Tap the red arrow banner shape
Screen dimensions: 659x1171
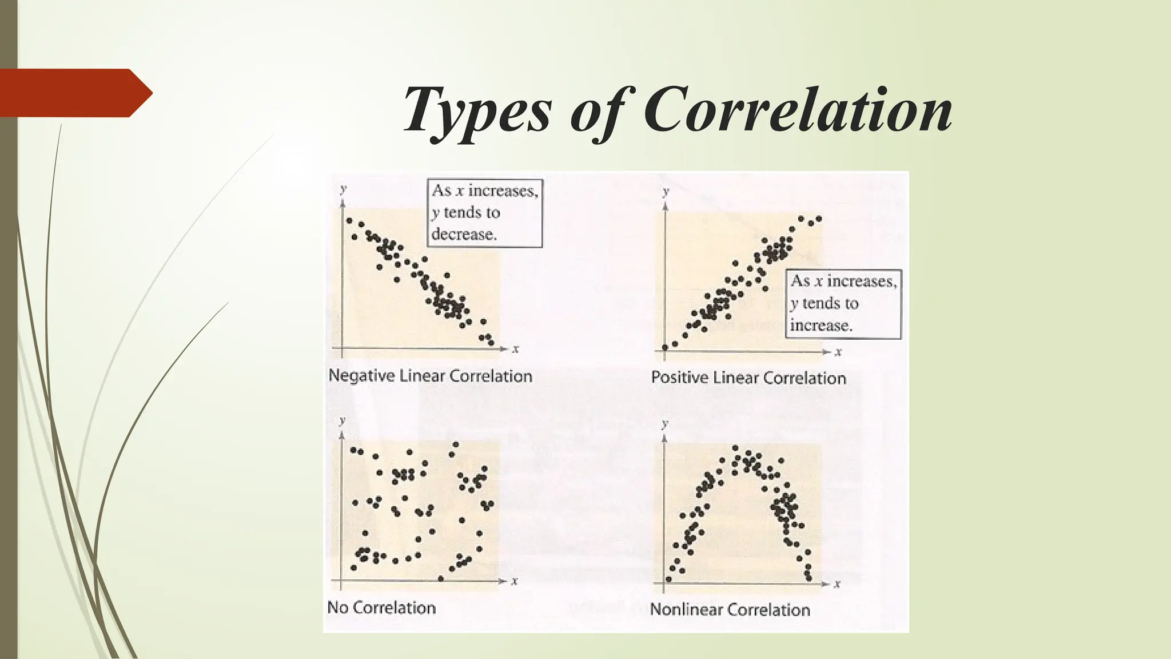coord(74,93)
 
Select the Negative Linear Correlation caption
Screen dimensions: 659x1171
coord(430,376)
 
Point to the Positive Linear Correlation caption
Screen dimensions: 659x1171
coord(748,378)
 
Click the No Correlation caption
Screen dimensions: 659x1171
coord(381,608)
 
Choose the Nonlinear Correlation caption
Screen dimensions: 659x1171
coord(730,610)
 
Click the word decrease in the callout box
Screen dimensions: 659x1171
coord(464,234)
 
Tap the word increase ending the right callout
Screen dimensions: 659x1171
coord(821,325)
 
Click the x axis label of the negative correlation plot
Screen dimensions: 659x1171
coord(515,349)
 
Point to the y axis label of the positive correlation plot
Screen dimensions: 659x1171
coord(666,191)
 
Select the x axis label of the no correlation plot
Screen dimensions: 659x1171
coord(515,581)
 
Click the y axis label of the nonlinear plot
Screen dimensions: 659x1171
coord(664,423)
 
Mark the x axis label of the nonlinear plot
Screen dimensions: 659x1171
coord(838,584)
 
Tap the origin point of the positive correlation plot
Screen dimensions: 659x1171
coord(665,347)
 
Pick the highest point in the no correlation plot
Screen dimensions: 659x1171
coord(456,444)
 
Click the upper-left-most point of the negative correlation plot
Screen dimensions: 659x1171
coord(349,220)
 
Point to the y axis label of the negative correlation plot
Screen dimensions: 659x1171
coord(342,188)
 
